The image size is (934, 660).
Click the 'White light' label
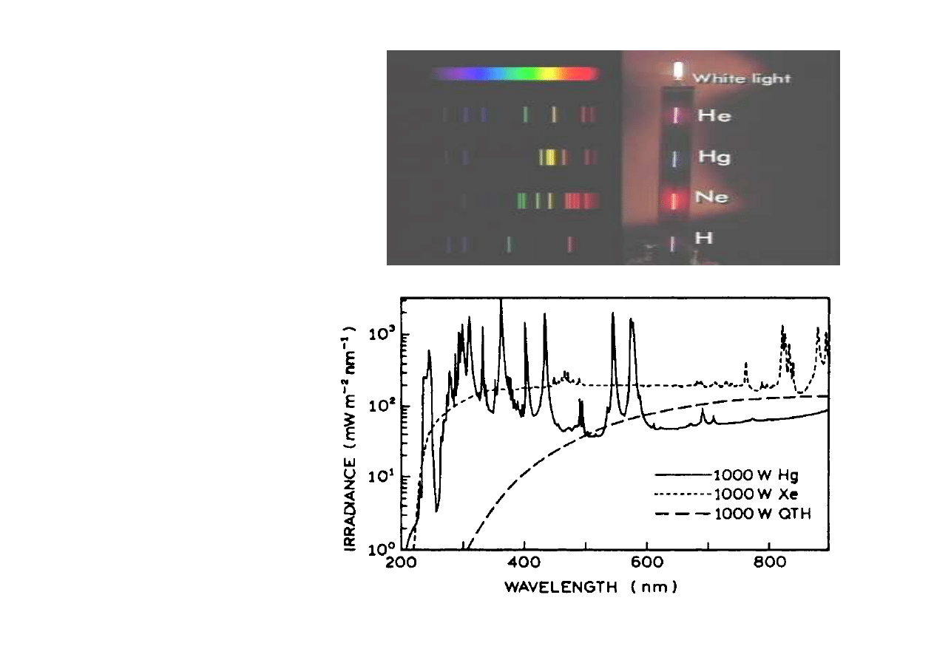[740, 78]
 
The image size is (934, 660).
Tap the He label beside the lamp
[714, 116]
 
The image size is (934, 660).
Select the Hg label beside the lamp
[714, 157]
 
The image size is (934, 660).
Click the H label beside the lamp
[703, 238]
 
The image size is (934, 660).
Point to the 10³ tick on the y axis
[385, 333]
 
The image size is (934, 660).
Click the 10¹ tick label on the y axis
[385, 477]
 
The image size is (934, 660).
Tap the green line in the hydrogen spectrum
[509, 244]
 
